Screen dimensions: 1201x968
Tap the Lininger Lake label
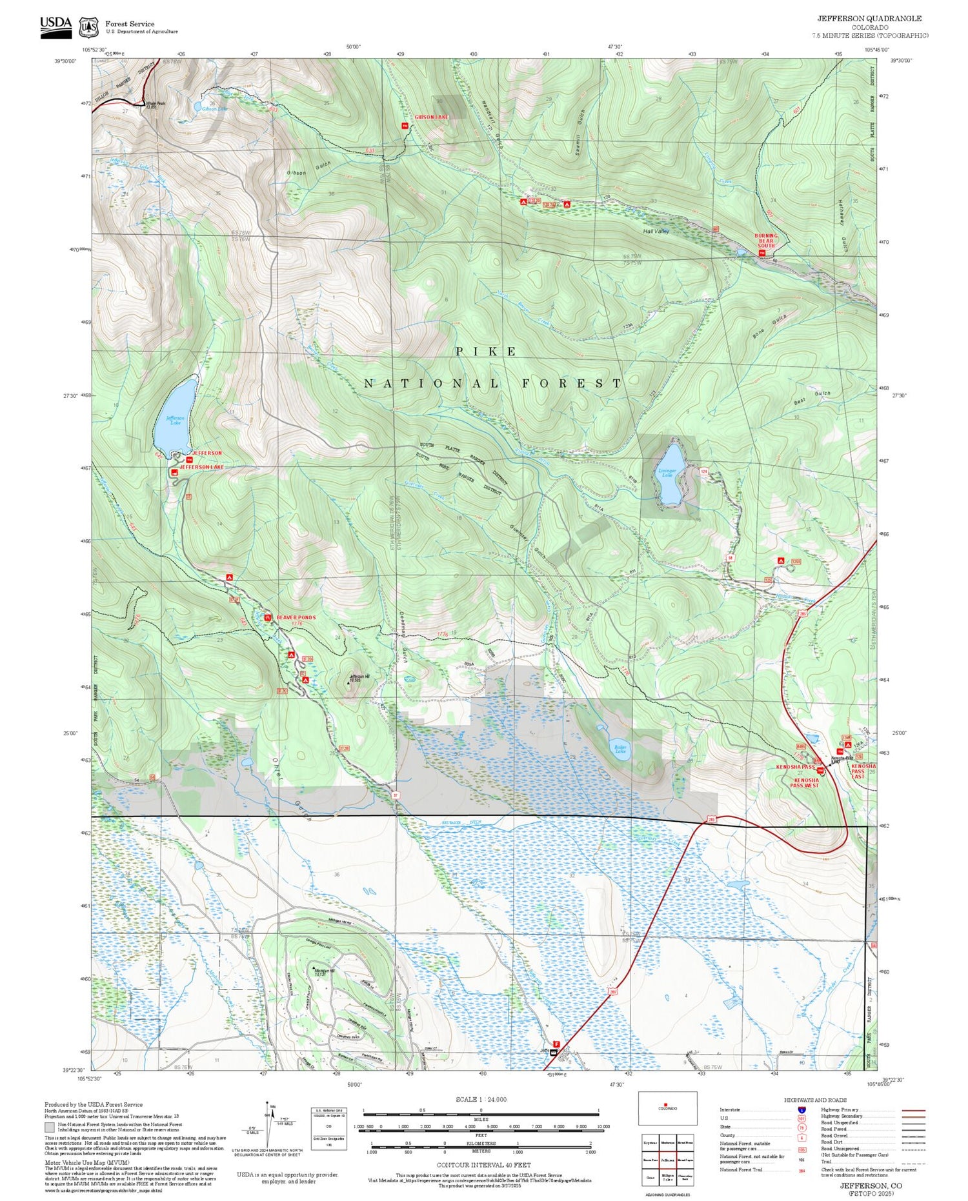(x=667, y=473)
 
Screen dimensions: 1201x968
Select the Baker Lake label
(x=620, y=749)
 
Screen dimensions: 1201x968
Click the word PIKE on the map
(x=486, y=352)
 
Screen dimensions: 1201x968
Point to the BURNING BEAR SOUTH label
(x=766, y=241)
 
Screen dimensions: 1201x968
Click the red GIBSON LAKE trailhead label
(x=431, y=117)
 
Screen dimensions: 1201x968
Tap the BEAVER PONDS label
(x=296, y=617)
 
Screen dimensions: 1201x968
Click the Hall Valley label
(x=656, y=231)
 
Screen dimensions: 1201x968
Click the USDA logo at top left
(x=55, y=26)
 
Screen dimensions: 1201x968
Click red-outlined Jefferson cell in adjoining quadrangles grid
(x=667, y=1159)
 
